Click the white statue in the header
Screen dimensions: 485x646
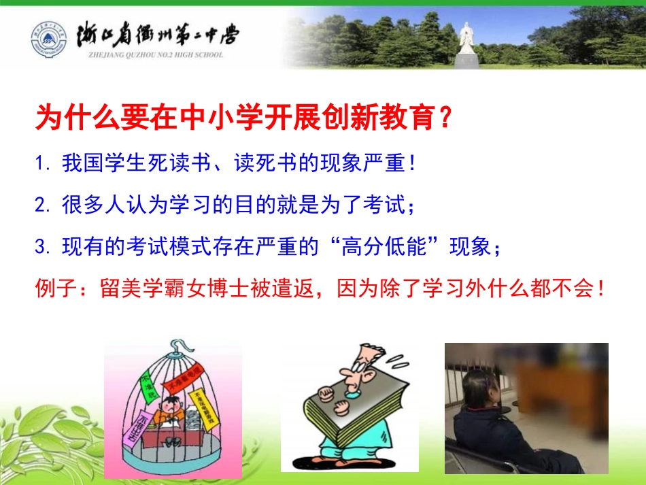point(467,40)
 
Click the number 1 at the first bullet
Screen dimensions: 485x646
point(40,165)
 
